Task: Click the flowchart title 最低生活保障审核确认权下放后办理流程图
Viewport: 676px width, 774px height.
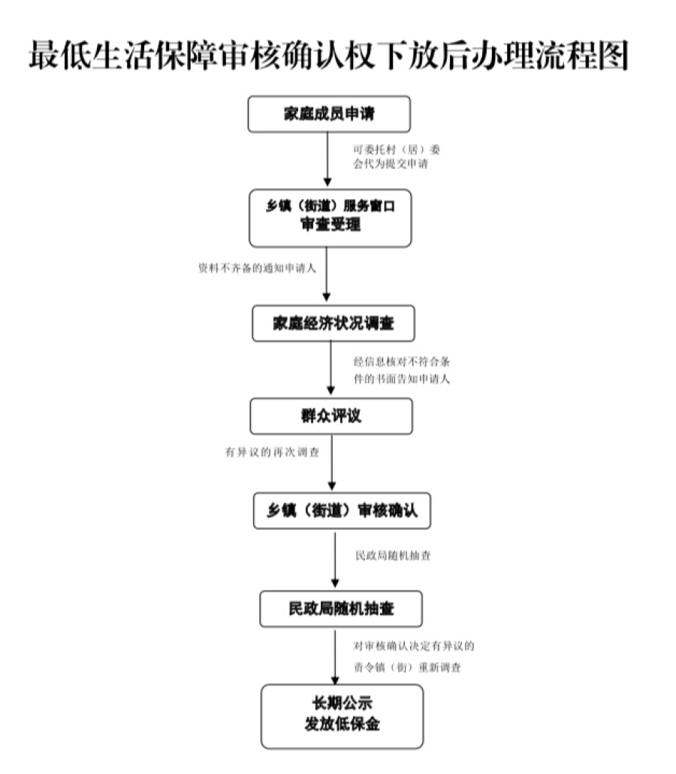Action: point(328,56)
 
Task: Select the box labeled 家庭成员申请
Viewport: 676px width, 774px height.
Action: point(329,114)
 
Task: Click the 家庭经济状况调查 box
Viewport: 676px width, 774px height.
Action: point(333,324)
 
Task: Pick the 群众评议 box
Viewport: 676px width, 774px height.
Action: point(331,416)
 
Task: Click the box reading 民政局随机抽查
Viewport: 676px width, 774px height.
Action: point(341,609)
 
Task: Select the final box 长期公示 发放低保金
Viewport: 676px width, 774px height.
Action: point(342,715)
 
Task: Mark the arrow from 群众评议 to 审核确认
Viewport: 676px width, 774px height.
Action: point(331,463)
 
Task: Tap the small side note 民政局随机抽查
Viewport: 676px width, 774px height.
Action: point(393,557)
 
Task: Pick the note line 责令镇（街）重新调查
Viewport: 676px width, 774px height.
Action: point(407,667)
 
